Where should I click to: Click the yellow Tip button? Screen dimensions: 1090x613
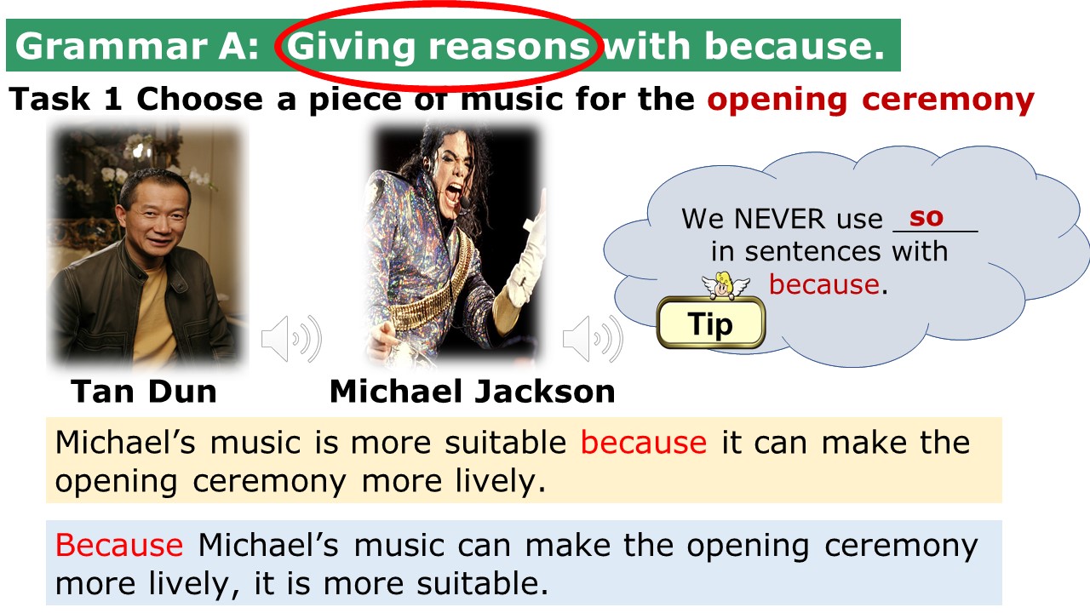711,323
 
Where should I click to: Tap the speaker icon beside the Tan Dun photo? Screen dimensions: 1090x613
291,339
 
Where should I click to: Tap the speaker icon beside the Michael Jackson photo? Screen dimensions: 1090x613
593,339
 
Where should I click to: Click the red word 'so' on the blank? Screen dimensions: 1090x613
926,217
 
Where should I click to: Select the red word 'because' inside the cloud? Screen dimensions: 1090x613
823,284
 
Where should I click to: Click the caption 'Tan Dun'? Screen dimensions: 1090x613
144,391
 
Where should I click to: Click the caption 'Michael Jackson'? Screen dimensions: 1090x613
472,391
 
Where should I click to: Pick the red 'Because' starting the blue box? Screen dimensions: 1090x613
119,545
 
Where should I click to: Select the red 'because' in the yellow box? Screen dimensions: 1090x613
643,443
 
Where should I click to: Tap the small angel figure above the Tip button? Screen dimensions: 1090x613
725,285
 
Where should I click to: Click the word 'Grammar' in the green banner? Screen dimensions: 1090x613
111,47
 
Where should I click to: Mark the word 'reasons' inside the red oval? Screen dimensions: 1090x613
509,47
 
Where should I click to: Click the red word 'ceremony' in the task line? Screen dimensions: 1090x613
948,100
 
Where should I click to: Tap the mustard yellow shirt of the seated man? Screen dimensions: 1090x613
152,312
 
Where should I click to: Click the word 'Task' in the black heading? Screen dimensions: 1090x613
49,100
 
